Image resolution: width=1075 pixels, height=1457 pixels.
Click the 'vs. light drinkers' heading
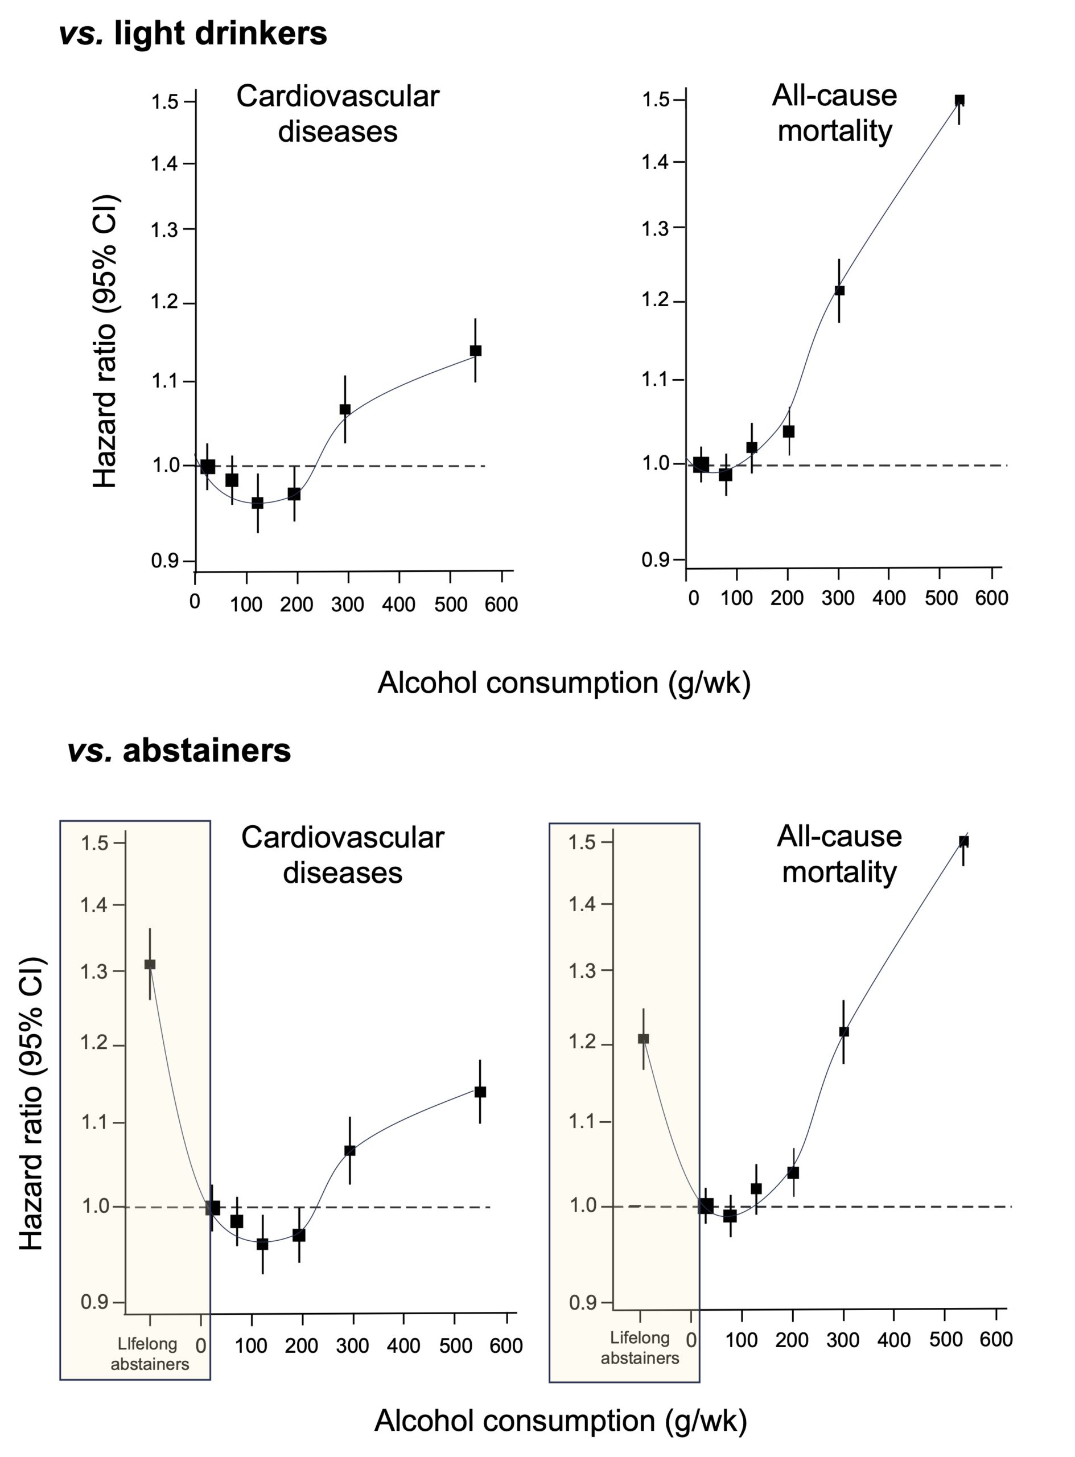(x=193, y=33)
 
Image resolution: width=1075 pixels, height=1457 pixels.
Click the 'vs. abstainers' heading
(x=179, y=750)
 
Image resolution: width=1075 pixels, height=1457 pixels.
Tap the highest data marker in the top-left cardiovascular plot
(x=476, y=351)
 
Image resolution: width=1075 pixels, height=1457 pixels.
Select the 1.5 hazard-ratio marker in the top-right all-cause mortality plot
(x=959, y=101)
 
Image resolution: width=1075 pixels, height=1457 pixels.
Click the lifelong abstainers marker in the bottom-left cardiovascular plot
(x=150, y=964)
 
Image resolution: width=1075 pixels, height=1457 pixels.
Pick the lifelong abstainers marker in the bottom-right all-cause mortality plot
(x=643, y=1039)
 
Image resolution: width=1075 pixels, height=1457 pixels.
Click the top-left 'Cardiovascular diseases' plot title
(x=337, y=114)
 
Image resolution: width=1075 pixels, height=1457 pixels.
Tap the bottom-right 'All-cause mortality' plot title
(x=839, y=854)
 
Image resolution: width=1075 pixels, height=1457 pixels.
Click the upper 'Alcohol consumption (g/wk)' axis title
(x=563, y=682)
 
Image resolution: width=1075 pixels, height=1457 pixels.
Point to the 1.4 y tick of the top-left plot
(x=164, y=163)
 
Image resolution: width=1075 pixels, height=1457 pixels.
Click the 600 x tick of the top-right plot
(x=991, y=598)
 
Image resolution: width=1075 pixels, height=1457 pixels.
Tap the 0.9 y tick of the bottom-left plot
(x=94, y=1302)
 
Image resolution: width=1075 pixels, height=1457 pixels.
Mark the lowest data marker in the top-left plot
(x=258, y=503)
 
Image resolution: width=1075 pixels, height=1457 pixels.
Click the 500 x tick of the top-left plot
(x=450, y=604)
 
